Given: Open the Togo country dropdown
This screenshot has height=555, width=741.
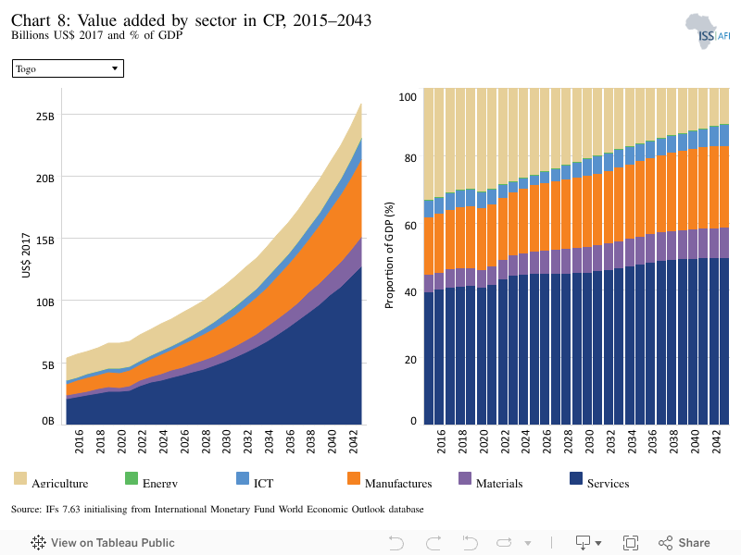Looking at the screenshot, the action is (x=68, y=68).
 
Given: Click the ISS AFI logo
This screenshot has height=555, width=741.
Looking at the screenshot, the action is (x=708, y=31).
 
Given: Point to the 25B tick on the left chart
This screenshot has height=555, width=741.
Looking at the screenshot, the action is (x=44, y=117).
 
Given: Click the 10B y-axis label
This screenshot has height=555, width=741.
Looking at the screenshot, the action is (x=44, y=302).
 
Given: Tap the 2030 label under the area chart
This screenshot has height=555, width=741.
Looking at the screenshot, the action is (x=226, y=441).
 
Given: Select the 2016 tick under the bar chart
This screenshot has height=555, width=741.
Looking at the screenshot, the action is (x=441, y=441).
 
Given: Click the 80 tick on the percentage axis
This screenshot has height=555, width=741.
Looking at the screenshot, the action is (x=410, y=158).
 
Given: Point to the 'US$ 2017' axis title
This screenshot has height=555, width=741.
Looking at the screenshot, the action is (x=26, y=255).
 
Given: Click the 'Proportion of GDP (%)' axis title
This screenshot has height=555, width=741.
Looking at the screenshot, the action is (x=389, y=255).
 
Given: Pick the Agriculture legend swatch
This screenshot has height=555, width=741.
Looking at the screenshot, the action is (x=20, y=478).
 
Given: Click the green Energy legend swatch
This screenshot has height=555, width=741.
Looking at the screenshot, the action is (x=132, y=478).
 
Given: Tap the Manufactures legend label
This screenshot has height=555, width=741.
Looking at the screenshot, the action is (x=398, y=483).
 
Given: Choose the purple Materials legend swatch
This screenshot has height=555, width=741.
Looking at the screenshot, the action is (x=465, y=478).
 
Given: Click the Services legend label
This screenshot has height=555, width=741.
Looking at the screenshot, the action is (x=609, y=483).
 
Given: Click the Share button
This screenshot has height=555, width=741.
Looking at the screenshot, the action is (x=684, y=543).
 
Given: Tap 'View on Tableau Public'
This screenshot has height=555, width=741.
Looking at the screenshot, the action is (x=103, y=543).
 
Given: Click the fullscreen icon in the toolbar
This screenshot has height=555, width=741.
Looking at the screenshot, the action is (x=631, y=543).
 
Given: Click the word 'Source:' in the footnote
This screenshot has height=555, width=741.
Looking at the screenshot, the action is (x=27, y=510).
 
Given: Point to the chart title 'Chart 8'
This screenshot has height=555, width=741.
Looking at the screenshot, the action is (x=41, y=20).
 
